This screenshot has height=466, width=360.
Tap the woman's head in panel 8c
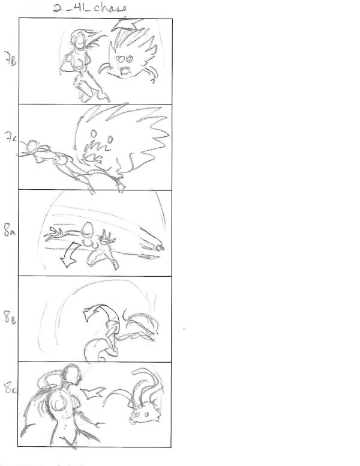click(x=73, y=375)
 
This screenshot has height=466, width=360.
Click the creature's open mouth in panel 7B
click(x=126, y=71)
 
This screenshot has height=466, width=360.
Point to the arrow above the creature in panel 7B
click(x=128, y=24)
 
